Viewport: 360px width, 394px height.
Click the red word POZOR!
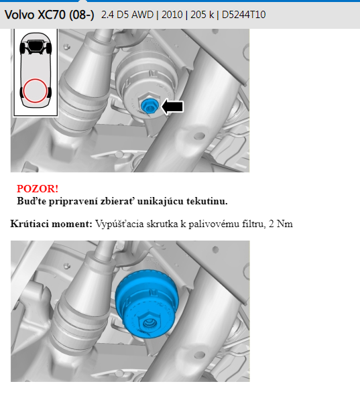pyautogui.click(x=38, y=189)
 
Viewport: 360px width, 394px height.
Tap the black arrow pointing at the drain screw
pyautogui.click(x=172, y=107)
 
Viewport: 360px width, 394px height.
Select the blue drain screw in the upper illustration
pyautogui.click(x=149, y=106)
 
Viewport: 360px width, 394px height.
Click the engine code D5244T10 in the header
pyautogui.click(x=243, y=15)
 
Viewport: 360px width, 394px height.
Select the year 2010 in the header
pyautogui.click(x=172, y=15)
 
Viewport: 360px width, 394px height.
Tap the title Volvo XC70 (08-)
pyautogui.click(x=50, y=15)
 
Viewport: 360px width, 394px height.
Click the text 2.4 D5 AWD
pyautogui.click(x=127, y=15)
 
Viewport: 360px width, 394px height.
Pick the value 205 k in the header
pyautogui.click(x=202, y=15)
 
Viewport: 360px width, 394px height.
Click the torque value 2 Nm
pyautogui.click(x=280, y=224)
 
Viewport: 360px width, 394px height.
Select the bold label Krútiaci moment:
pyautogui.click(x=51, y=224)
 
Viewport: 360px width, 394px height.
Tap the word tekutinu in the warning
pyautogui.click(x=207, y=201)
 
